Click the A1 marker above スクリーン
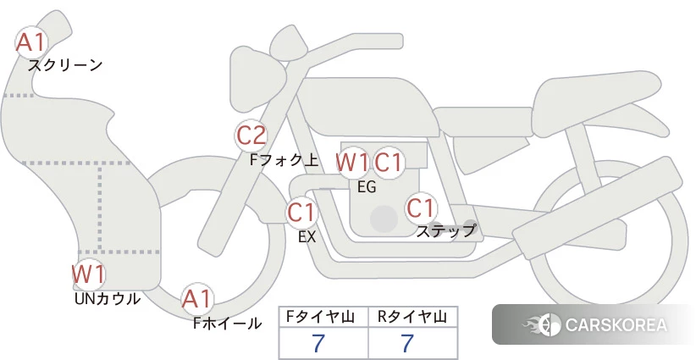[x=31, y=42]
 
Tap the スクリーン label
[x=65, y=66]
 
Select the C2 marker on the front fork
[x=251, y=136]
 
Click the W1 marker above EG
[x=352, y=163]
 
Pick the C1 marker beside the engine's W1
[x=389, y=163]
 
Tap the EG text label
[x=367, y=187]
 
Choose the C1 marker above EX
[x=302, y=212]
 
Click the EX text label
[x=307, y=236]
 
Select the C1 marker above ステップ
[x=421, y=208]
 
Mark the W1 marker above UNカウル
[x=88, y=274]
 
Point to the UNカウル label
[x=108, y=299]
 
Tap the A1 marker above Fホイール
[x=196, y=299]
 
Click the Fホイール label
[x=227, y=324]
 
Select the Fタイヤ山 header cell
[x=323, y=317]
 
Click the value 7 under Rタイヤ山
[x=406, y=343]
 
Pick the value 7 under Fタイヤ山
[x=318, y=343]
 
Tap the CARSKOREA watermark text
[x=616, y=324]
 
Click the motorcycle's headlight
[x=257, y=80]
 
